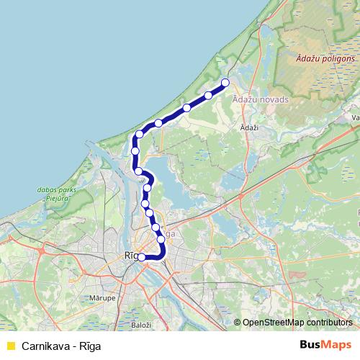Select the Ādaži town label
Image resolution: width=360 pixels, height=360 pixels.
[x=248, y=126]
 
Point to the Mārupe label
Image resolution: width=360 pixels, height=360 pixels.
[x=124, y=297]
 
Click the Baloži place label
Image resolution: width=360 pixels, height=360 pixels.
[x=141, y=325]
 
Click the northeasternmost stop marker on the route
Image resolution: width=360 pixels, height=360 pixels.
[x=225, y=82]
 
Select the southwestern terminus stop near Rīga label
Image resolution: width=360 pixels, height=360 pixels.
[x=141, y=256]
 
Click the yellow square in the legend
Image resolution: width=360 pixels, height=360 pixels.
[x=10, y=346]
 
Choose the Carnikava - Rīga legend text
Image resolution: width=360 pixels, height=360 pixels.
[x=61, y=346]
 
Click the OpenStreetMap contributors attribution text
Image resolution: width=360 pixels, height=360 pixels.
[x=297, y=323]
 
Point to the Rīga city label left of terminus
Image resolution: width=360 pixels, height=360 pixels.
[x=130, y=256]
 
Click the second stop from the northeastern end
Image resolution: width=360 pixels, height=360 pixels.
[x=208, y=95]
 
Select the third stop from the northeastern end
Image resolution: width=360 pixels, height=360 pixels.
[x=186, y=108]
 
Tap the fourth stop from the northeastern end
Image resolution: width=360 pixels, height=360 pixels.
[x=158, y=123]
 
